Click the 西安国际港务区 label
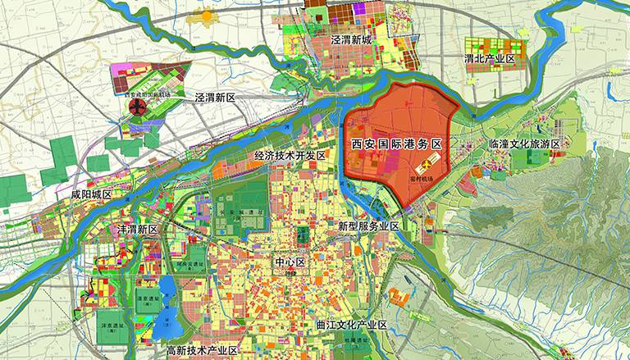click(x=396, y=144)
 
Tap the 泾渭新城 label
click(x=352, y=39)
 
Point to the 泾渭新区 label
click(x=215, y=97)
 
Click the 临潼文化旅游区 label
click(x=524, y=144)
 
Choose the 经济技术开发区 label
click(x=290, y=154)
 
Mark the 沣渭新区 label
click(x=137, y=229)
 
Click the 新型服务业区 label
click(x=368, y=226)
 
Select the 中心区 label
click(x=290, y=262)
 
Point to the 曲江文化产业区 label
click(x=351, y=325)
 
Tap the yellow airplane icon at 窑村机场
click(x=409, y=164)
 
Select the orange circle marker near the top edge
click(x=206, y=16)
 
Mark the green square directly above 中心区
click(x=303, y=236)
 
